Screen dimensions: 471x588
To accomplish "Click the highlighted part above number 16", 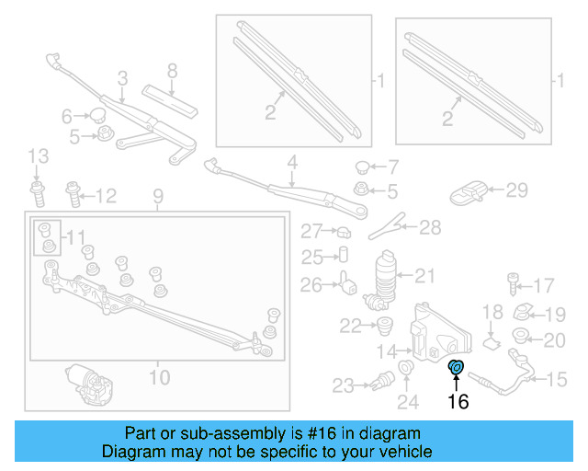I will coord(457,369).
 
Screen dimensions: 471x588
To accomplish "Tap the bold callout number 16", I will coord(458,401).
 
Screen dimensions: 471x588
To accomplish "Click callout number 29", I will coord(517,190).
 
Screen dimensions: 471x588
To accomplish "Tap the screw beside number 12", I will coord(73,193).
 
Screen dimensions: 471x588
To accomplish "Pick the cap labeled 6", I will coord(96,115).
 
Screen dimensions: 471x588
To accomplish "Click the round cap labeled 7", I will coord(363,167).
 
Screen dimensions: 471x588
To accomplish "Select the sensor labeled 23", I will coord(379,382).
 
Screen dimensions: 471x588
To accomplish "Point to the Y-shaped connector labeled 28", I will coord(392,226).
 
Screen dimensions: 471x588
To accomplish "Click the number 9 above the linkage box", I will coord(157,196).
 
